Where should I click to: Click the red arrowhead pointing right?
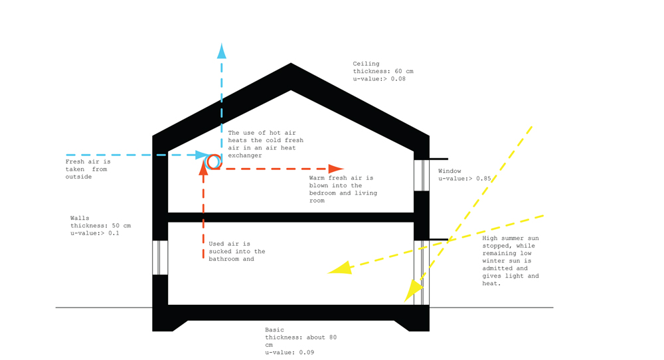(x=336, y=169)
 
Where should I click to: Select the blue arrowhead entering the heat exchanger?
(x=203, y=155)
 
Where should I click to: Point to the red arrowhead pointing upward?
(x=204, y=167)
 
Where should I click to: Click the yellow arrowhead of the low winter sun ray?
(x=339, y=268)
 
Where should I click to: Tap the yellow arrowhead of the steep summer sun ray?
(x=413, y=290)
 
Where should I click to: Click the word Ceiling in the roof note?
(x=367, y=64)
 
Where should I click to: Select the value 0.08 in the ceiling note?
(x=398, y=79)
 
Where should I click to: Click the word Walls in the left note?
(x=80, y=218)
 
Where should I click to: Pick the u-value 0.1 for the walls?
(x=114, y=233)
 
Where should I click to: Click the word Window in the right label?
(x=450, y=171)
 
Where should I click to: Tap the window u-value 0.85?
(x=483, y=179)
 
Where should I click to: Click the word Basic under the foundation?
(x=274, y=330)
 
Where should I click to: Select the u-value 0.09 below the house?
(x=306, y=353)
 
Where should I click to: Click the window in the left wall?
(x=160, y=258)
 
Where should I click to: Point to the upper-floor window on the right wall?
(x=422, y=175)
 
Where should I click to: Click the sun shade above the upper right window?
(x=439, y=159)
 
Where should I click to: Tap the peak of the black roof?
(x=291, y=64)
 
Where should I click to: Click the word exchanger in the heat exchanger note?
(x=245, y=156)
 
